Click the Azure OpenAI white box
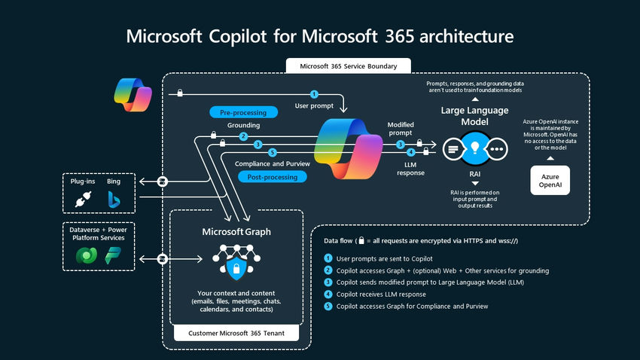549,180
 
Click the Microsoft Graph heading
236,232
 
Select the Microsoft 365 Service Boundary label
349,66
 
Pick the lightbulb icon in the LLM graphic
476,148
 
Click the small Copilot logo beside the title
133,94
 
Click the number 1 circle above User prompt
315,94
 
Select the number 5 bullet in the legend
328,306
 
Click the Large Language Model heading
476,116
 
